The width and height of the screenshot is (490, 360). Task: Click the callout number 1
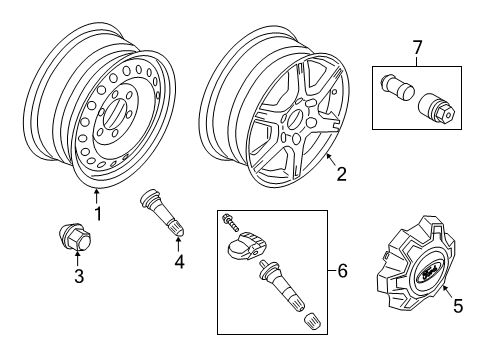tap(96, 213)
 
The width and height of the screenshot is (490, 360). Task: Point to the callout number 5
tap(458, 307)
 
